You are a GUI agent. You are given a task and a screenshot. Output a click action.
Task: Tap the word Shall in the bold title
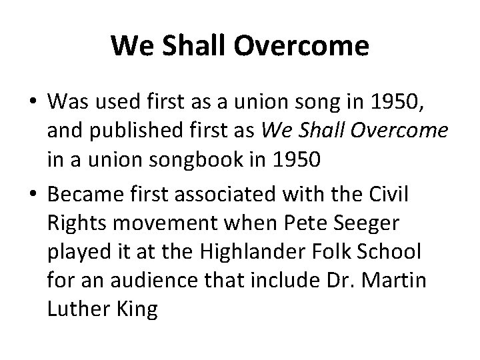coord(188,47)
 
